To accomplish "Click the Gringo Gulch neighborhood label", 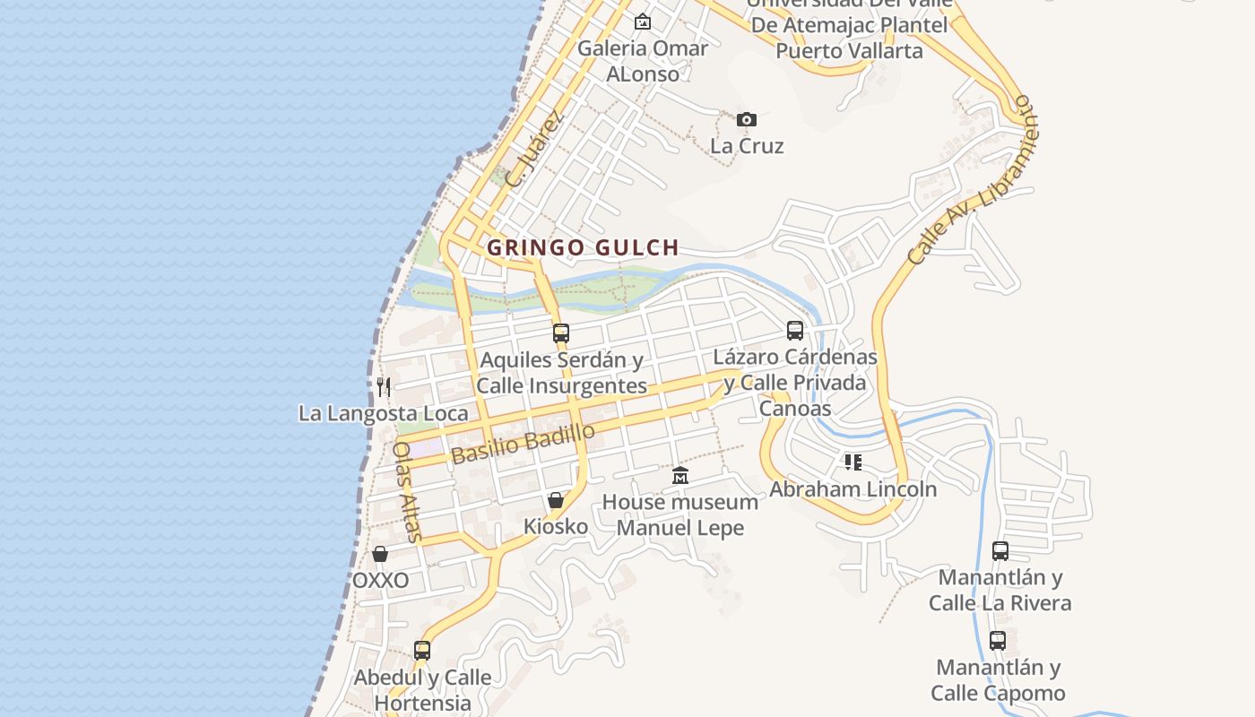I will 583,247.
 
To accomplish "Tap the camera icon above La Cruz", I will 747,119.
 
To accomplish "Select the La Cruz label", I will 747,145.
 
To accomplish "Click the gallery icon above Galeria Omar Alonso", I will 643,22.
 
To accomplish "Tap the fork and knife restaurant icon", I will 384,386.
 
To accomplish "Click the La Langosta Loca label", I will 383,413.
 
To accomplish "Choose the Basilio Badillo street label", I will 524,443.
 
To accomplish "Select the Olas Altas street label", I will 408,491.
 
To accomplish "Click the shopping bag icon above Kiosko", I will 556,500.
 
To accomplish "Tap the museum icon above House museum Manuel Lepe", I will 680,475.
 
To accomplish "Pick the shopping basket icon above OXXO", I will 380,554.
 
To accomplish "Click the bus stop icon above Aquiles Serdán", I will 561,333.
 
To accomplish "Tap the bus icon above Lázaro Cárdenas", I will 795,330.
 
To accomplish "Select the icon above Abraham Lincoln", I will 853,462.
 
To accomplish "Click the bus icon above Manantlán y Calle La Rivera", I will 1000,551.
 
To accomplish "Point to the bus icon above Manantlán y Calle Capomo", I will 998,641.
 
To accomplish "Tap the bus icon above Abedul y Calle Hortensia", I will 422,650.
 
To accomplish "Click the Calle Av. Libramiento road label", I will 974,178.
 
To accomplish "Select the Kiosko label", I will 556,526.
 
